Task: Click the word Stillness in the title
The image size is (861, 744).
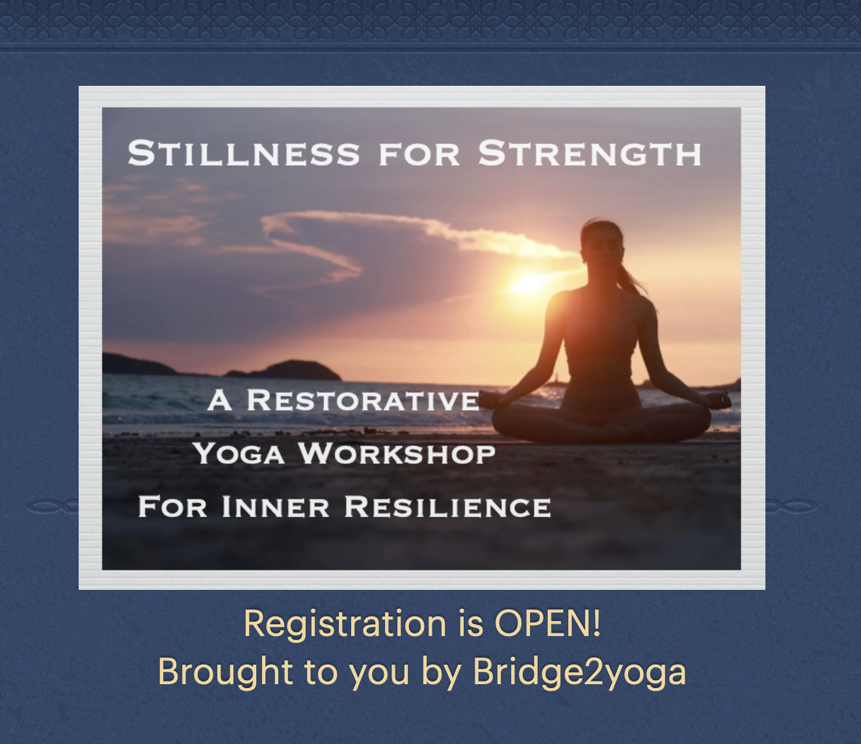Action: tap(243, 153)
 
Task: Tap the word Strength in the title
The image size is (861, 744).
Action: tap(590, 153)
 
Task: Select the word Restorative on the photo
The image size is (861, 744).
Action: tap(363, 400)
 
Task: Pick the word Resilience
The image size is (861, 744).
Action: tap(447, 507)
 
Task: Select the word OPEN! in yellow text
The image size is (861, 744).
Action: tap(548, 623)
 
